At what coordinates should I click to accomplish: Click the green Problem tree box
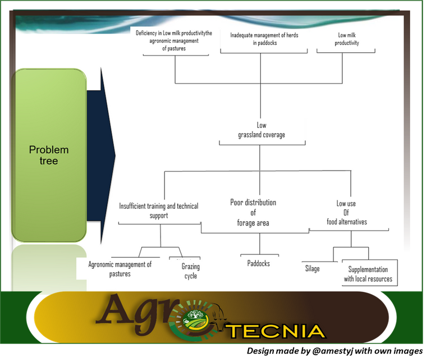coord(49,155)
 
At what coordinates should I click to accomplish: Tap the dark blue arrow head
coord(108,155)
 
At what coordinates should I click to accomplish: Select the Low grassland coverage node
coord(262,130)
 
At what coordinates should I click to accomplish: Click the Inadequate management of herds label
coord(264,39)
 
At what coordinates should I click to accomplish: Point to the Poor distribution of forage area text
coord(253,213)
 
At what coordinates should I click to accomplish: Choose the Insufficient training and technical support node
coord(159,210)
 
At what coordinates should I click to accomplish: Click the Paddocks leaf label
coord(258,263)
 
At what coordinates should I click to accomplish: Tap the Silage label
coord(312,268)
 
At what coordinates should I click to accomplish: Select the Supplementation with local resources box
coord(370,273)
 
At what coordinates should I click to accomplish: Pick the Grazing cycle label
coord(190,271)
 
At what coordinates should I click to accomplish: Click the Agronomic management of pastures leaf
coord(120,269)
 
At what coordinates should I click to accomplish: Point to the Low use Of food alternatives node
coord(347,213)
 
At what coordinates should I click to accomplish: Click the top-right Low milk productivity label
coord(347,39)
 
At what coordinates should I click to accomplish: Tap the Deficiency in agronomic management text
coord(174,40)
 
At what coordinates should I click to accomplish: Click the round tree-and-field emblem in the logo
coord(195,319)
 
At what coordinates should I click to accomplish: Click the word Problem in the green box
coord(49,150)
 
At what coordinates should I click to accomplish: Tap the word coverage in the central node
coord(273,135)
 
